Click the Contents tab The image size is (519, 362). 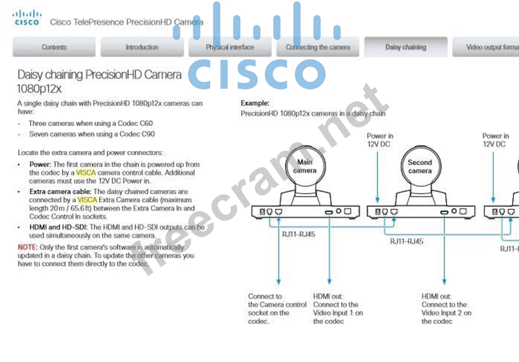tap(54, 47)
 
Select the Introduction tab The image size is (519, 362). tap(141, 47)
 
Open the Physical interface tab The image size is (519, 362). tap(229, 47)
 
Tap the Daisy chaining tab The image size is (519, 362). tap(405, 47)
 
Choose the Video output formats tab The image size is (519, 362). tap(491, 47)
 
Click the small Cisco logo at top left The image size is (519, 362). tap(26, 18)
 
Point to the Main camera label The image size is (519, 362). tap(304, 166)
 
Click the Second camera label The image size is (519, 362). tap(419, 166)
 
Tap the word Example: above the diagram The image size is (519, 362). tap(255, 103)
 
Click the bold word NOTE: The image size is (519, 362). tap(27, 247)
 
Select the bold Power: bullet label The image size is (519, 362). tap(40, 165)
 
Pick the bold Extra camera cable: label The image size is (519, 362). tap(60, 192)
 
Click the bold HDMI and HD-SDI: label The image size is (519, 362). tap(58, 227)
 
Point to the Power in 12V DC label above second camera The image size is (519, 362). tap(380, 140)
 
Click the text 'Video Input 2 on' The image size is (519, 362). tap(446, 313)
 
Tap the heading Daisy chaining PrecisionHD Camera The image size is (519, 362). tap(100, 74)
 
